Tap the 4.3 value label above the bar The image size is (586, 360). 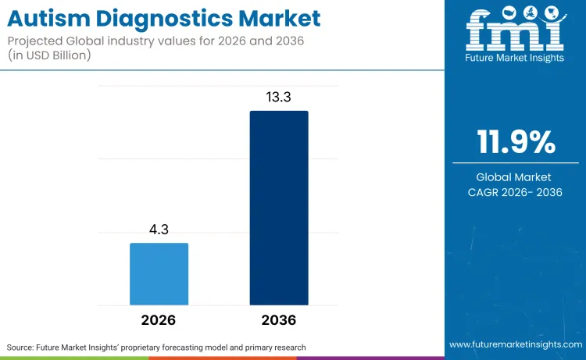159,231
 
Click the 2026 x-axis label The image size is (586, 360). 159,320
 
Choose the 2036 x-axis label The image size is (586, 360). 279,320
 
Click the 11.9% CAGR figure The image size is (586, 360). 516,143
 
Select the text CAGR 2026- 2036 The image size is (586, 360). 516,193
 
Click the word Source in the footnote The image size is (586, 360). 21,347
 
